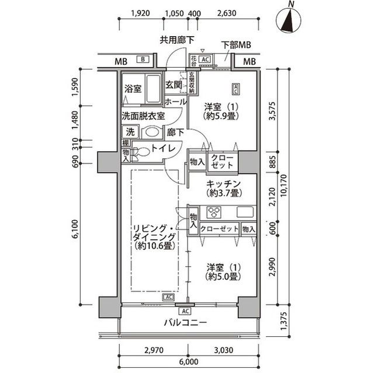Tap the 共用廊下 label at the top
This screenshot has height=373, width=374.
[177, 40]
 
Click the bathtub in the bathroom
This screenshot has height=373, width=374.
[153, 88]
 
